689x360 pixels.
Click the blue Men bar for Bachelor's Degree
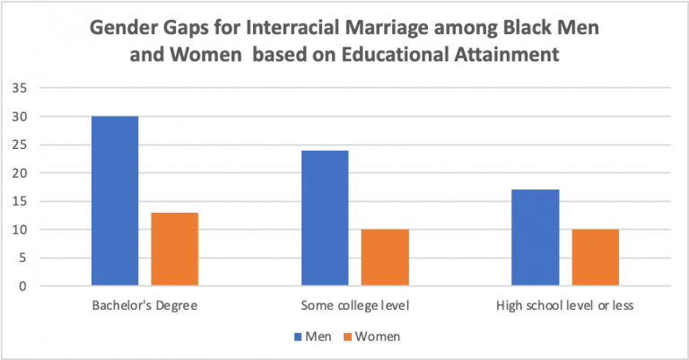(115, 201)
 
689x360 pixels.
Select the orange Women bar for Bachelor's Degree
(174, 250)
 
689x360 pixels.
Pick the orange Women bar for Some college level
(384, 258)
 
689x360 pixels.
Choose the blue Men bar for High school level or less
(536, 238)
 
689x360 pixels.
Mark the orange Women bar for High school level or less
(595, 258)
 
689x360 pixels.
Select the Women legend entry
(375, 337)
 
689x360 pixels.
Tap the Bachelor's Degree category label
(144, 305)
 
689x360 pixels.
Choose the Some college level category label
(354, 305)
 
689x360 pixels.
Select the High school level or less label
(565, 305)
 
